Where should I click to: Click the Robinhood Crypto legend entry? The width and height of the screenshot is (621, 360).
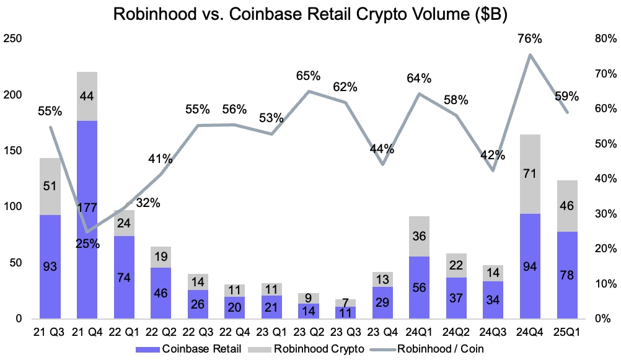[319, 348]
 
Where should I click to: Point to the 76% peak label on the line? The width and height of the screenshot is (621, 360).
[530, 38]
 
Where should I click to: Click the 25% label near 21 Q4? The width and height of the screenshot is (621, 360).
[87, 244]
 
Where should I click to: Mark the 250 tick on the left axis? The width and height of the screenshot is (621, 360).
[13, 39]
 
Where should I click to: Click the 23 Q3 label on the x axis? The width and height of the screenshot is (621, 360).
[345, 333]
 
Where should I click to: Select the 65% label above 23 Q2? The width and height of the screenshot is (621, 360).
[308, 76]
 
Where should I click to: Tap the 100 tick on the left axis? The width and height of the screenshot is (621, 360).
[13, 207]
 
